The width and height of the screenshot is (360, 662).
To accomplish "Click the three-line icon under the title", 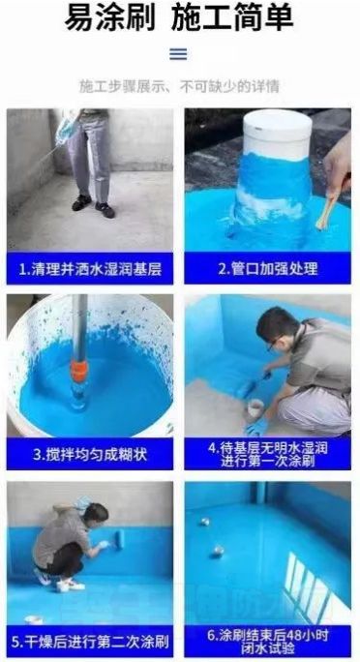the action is [178, 54].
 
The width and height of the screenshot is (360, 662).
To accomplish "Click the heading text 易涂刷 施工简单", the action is [179, 17].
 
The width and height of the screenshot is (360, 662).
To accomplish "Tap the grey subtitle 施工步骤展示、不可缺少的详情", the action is [179, 86].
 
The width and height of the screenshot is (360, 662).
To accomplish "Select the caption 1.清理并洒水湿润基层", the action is [90, 269].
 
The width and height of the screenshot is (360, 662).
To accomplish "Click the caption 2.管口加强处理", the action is [267, 268].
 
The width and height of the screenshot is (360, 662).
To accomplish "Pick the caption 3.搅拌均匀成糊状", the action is [90, 454].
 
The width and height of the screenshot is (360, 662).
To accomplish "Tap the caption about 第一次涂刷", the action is [267, 454].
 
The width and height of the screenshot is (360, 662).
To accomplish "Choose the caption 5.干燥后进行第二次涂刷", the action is [90, 642].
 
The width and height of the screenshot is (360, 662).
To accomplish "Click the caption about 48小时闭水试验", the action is [267, 642].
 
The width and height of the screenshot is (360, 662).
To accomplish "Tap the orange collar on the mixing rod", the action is [79, 371].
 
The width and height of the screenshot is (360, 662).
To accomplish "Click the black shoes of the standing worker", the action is [93, 206].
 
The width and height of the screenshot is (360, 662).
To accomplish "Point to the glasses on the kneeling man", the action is [275, 343].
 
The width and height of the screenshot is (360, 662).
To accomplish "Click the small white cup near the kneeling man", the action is [255, 408].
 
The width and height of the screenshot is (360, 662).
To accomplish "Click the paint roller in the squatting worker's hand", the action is [119, 539].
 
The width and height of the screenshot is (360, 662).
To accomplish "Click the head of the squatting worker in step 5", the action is [96, 512].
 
